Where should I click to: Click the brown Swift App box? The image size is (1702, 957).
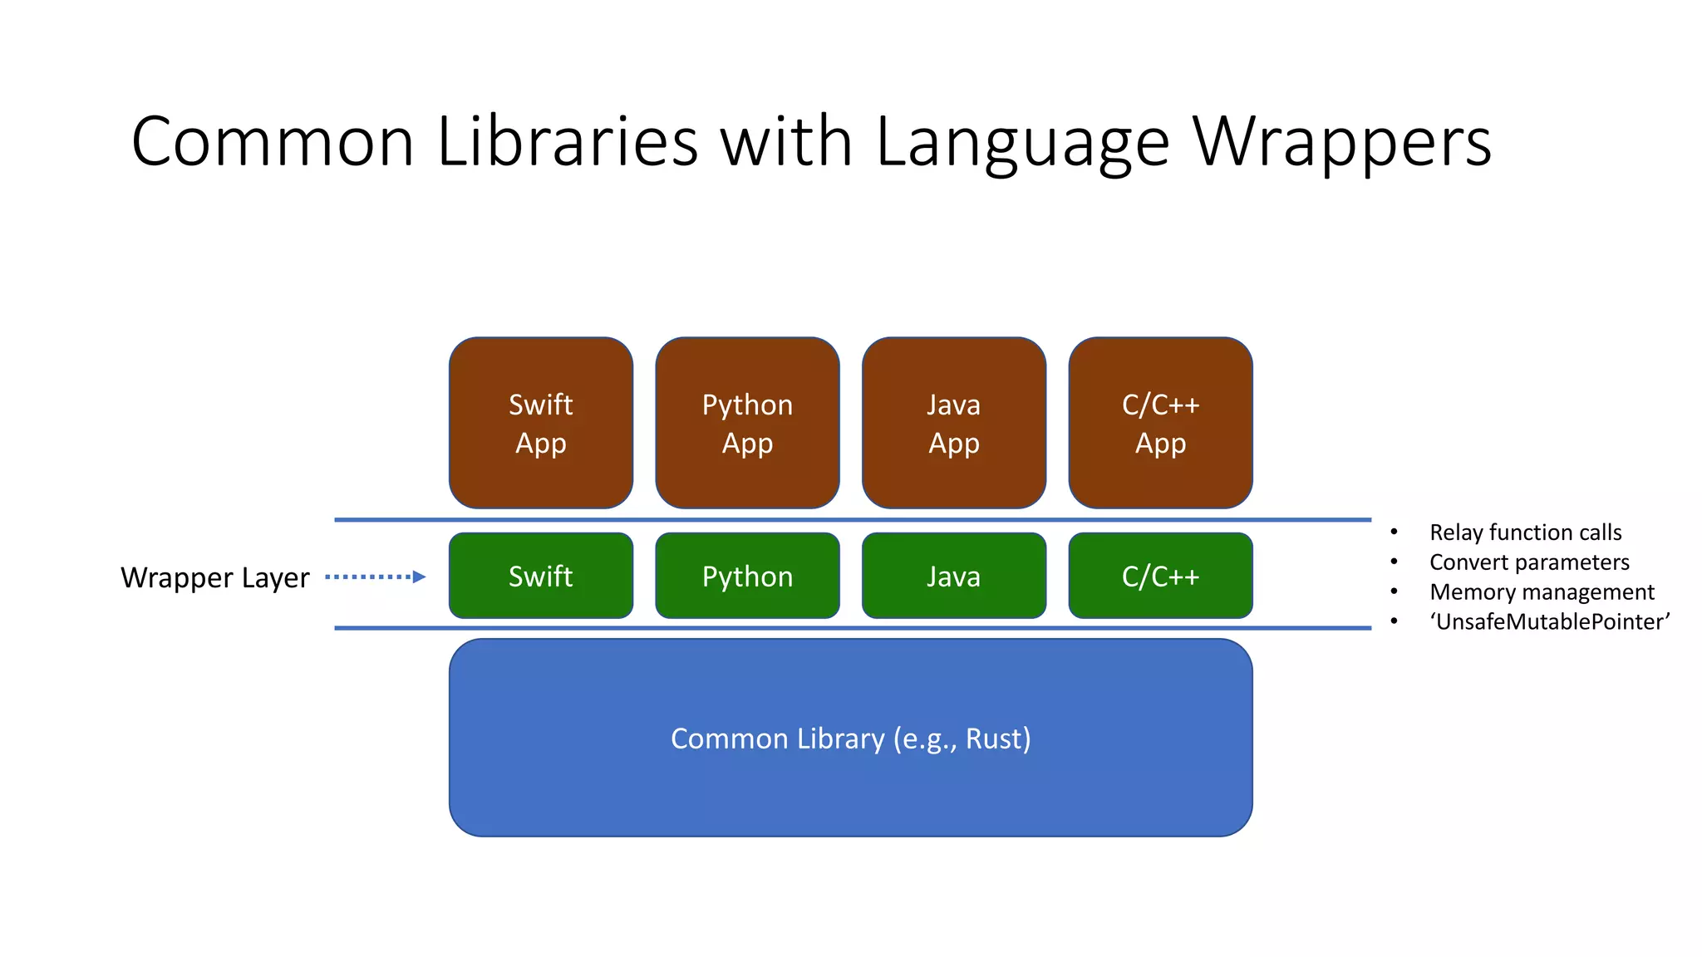540,423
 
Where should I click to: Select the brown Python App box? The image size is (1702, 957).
747,423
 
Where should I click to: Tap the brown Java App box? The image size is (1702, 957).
953,423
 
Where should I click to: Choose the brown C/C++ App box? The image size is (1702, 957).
1160,423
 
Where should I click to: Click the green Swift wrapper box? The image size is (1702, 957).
540,576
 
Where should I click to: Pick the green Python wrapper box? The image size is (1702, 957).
747,576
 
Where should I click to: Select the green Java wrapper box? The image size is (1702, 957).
953,576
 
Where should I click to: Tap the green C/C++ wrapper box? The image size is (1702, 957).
1160,576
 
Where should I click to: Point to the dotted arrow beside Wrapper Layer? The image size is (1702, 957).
375,577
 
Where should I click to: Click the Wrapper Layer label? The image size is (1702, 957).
214,577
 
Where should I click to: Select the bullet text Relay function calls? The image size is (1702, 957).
1525,532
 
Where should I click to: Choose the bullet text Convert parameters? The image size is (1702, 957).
1529,562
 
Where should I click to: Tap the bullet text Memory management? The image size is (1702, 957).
1542,591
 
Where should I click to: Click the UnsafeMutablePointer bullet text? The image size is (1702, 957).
1549,621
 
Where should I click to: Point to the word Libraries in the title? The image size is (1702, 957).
567,141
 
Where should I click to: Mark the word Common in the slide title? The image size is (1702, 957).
273,141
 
